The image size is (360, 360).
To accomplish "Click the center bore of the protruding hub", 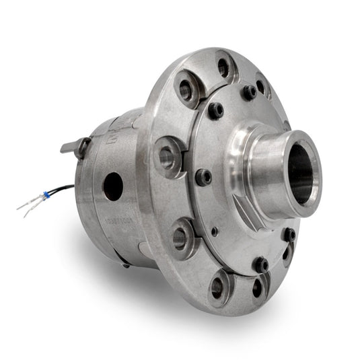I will coord(300,174).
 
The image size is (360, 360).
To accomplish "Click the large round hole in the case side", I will coord(113,186).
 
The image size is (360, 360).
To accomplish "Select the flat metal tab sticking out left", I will coord(71,145).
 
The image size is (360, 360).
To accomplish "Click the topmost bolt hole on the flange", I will coord(223,67).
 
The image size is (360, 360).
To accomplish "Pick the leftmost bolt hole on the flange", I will coord(166,157).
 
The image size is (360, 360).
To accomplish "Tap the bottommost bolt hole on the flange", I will coord(217,287).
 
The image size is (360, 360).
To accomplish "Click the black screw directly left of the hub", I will coord(203,177).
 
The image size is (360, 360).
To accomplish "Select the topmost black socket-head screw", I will coord(249,92).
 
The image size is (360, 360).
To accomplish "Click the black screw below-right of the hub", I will coord(289,234).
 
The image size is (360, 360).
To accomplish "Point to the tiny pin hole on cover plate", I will coord(215,231).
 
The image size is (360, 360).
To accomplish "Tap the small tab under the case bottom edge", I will coord(126,264).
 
